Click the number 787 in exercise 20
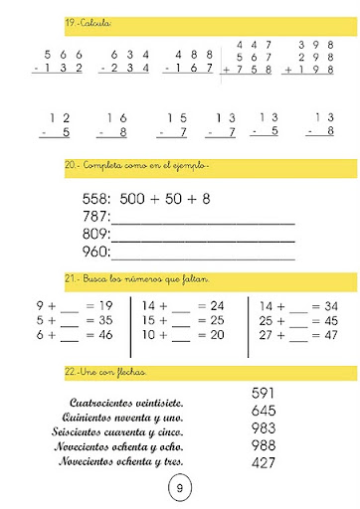coord(97,216)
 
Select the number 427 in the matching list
coord(263,462)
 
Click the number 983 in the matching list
coord(263,428)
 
